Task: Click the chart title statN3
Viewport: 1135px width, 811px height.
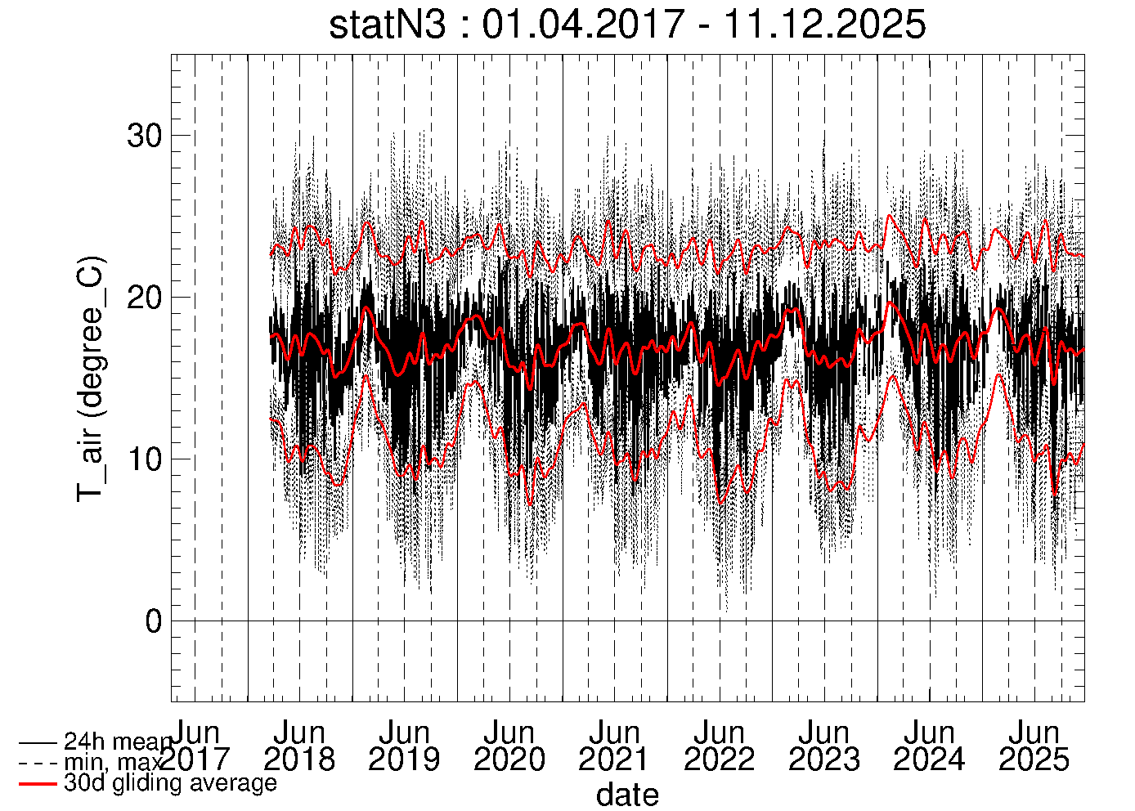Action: [388, 25]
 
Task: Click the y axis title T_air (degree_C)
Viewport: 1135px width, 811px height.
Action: [90, 379]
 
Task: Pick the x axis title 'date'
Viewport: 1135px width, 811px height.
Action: [627, 795]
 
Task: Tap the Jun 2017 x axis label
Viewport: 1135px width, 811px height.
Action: [195, 746]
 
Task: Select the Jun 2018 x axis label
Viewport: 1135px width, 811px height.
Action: [299, 746]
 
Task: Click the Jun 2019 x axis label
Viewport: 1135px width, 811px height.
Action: [404, 746]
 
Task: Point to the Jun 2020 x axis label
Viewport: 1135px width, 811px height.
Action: [509, 746]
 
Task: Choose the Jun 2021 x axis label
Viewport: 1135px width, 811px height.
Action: [614, 746]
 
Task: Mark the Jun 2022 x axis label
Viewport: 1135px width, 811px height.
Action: [719, 746]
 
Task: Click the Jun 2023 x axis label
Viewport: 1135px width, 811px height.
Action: [824, 746]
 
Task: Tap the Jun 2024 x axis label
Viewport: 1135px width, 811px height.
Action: [929, 746]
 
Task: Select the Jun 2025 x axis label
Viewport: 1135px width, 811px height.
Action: [1034, 746]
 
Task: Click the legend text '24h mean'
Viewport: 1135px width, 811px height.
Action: [118, 742]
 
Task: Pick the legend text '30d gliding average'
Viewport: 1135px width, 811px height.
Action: [170, 782]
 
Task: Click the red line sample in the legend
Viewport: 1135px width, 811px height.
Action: [38, 783]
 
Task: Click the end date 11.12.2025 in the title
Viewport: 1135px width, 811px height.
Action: [824, 25]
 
